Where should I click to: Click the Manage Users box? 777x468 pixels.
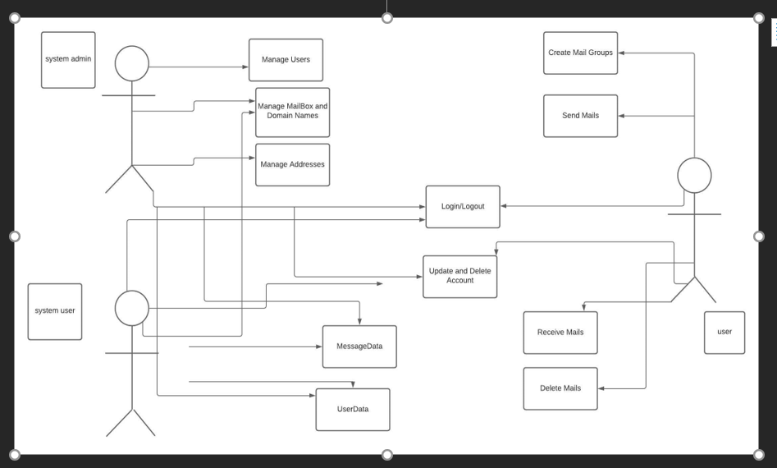tap(286, 60)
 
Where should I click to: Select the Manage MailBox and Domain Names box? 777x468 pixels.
tap(292, 112)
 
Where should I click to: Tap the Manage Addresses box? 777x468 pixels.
tap(292, 164)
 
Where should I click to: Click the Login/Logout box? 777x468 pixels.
tap(462, 207)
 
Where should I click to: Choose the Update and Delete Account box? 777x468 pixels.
tap(459, 276)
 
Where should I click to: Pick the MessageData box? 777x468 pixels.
tap(359, 346)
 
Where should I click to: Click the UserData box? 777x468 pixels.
tap(352, 409)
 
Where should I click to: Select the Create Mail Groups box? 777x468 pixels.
tap(580, 53)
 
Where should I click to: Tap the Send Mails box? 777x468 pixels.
tap(580, 116)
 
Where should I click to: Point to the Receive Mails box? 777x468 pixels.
tap(560, 333)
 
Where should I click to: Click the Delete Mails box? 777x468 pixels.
tap(560, 388)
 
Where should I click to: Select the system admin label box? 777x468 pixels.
tap(68, 60)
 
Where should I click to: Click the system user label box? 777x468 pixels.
tap(55, 311)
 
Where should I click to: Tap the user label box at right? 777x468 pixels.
tap(724, 333)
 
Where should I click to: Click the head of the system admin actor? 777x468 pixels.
tap(131, 63)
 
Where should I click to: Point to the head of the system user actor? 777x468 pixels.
tap(131, 308)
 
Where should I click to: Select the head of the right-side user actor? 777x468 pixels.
tap(694, 175)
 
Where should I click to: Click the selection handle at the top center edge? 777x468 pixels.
tap(387, 18)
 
